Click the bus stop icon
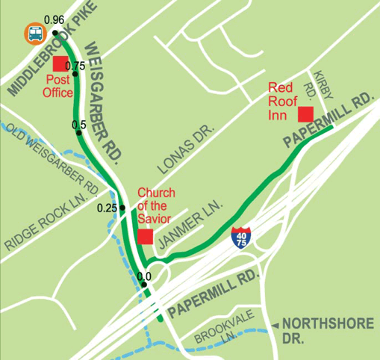tap(34, 34)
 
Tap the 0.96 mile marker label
tap(54, 19)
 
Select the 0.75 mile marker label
tap(75, 65)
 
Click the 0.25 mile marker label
tap(108, 208)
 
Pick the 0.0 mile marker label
tap(145, 276)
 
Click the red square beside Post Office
tap(60, 64)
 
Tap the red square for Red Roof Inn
tap(305, 114)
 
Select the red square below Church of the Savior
tap(145, 237)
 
